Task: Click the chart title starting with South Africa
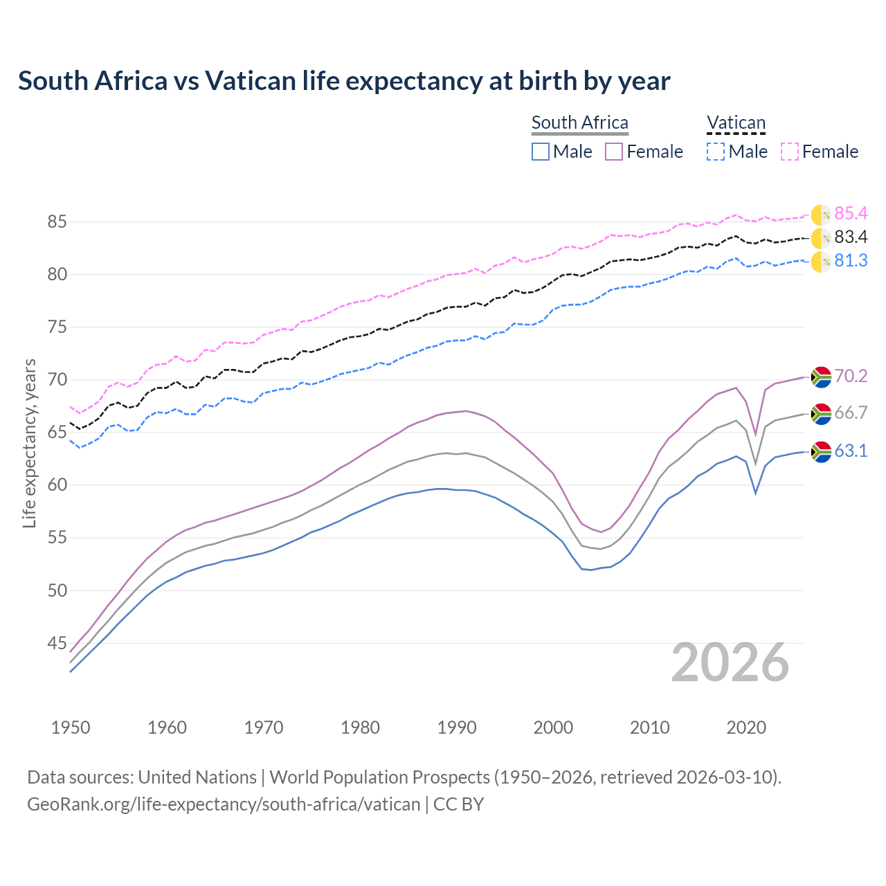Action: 344,81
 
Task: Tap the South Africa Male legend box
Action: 541,152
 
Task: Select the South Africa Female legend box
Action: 614,152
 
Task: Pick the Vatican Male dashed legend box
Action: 716,152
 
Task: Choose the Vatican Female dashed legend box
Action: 790,152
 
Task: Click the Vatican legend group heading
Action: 736,123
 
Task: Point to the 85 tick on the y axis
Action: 57,222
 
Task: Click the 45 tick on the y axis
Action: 57,644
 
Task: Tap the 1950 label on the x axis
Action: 71,727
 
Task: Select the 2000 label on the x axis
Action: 553,727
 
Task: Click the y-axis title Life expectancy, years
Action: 29,443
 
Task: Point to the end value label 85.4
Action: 851,213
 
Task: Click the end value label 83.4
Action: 851,237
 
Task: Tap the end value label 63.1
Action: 851,451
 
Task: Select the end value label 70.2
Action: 851,376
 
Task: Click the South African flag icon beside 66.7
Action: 821,414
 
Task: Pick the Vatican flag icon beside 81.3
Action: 821,262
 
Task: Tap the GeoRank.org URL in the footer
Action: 224,804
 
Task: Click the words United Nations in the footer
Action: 197,777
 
